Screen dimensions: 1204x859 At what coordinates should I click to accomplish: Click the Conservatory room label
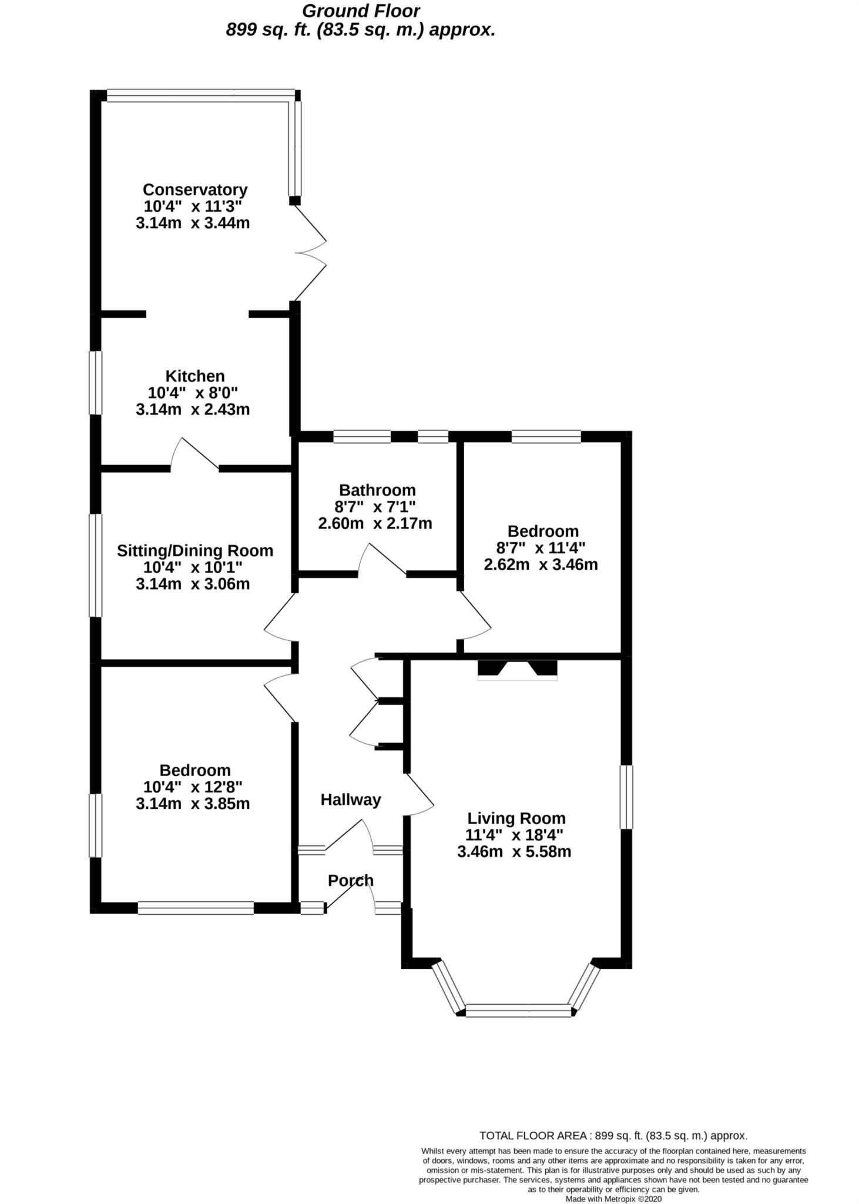(194, 190)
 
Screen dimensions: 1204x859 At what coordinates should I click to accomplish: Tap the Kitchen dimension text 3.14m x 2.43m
(193, 409)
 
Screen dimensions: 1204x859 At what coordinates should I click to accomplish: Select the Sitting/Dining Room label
(194, 551)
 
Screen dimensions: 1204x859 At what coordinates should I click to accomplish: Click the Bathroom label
(377, 490)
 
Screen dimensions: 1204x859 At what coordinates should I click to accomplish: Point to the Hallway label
(351, 800)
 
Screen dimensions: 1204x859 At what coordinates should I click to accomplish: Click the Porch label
(351, 880)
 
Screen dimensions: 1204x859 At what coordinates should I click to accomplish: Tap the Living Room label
(516, 818)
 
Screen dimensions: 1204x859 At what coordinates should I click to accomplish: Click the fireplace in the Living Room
(517, 670)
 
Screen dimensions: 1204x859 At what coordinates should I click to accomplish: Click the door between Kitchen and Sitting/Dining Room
(194, 456)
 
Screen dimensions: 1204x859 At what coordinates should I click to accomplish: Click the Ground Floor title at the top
(361, 11)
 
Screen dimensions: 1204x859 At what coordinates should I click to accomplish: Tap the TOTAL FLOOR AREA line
(613, 1135)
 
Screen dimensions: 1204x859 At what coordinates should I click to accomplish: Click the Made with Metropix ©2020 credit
(613, 1198)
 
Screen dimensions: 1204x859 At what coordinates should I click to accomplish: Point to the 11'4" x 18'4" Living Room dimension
(514, 835)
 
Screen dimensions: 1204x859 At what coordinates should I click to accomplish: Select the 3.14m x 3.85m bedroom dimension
(193, 804)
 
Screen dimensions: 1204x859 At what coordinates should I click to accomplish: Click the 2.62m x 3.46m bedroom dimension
(541, 565)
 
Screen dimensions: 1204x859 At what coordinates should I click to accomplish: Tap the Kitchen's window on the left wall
(95, 383)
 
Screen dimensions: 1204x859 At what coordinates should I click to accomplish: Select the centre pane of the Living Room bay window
(518, 1012)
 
